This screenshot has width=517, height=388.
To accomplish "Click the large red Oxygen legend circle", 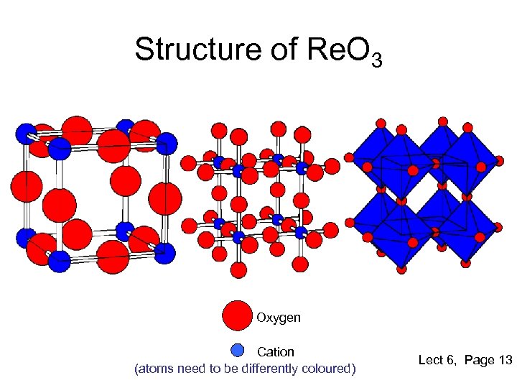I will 237,315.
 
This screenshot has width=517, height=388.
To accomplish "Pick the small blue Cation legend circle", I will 238,351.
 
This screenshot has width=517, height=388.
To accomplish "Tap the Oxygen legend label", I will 279,317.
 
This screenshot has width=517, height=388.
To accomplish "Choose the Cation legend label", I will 276,352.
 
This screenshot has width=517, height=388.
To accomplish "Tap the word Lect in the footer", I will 431,360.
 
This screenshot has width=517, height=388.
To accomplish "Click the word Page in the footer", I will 480,360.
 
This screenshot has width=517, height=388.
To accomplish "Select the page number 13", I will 504,360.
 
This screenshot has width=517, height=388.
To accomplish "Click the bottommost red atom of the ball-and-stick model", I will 239,269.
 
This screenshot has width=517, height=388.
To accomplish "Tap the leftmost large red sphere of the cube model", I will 26,187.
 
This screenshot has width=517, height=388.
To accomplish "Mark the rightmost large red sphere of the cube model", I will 167,198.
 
